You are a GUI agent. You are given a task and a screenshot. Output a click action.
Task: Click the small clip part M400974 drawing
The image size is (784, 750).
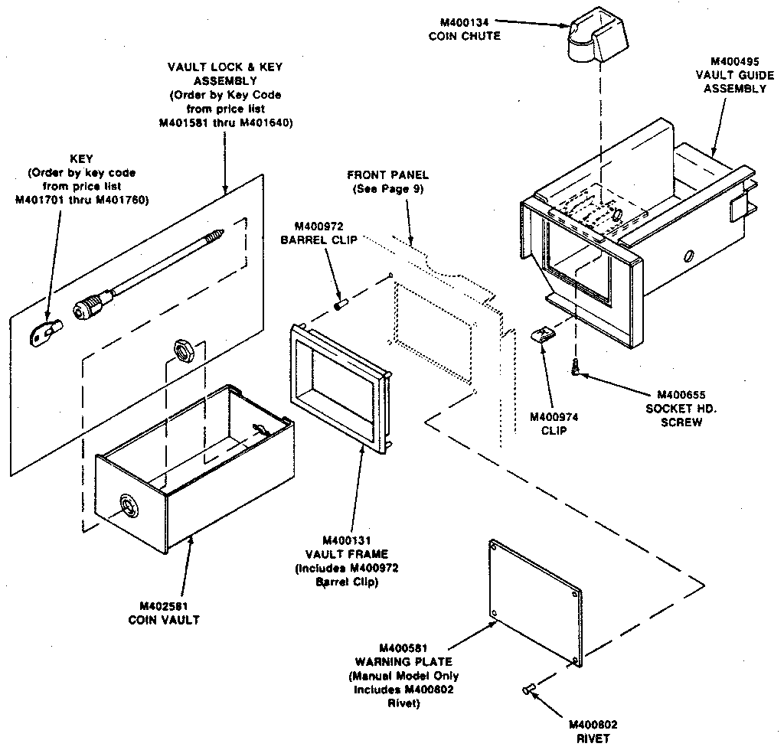(544, 334)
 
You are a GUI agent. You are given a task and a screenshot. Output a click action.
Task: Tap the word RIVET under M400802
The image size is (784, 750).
(593, 739)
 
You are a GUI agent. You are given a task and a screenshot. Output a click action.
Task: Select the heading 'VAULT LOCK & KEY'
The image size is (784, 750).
(224, 67)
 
